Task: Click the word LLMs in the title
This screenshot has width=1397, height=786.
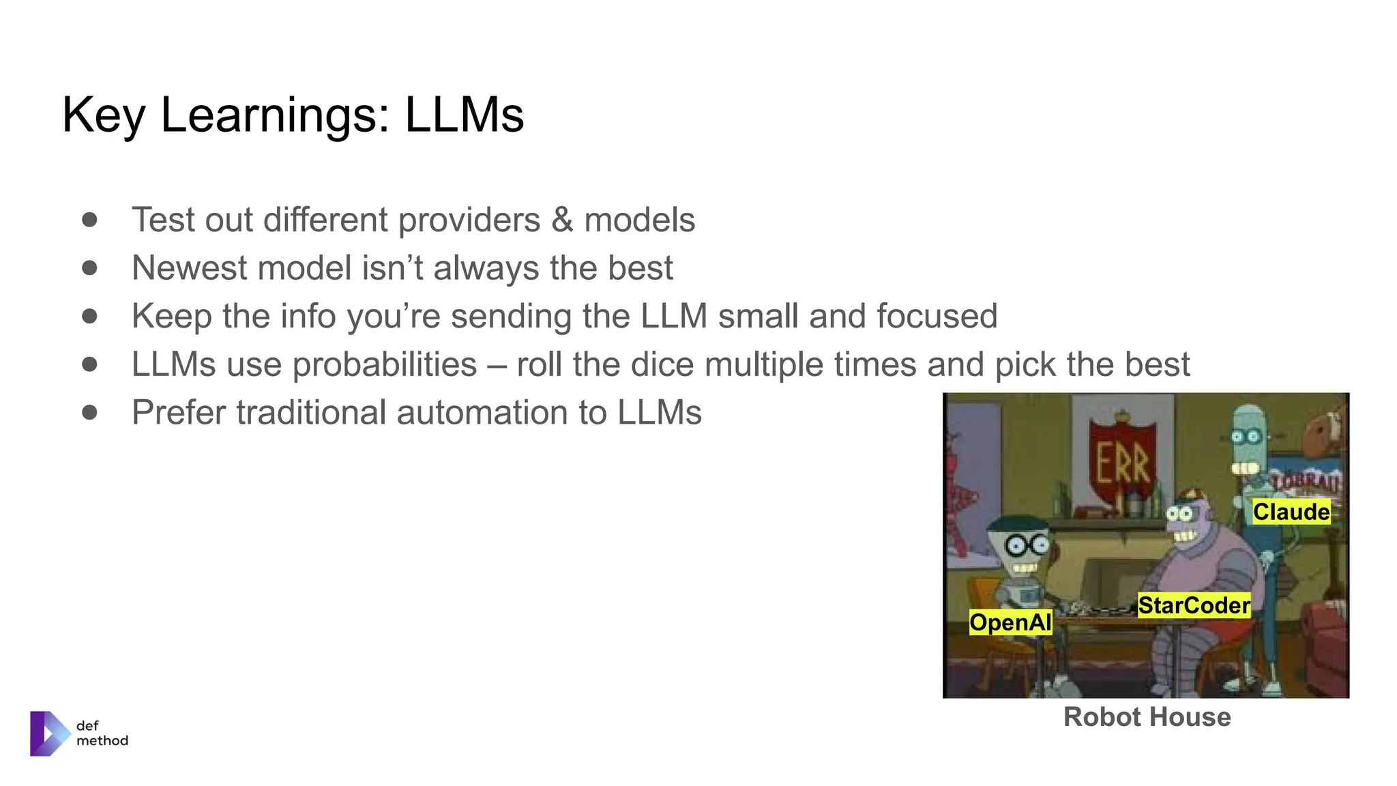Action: (464, 115)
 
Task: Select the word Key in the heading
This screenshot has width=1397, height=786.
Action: (103, 115)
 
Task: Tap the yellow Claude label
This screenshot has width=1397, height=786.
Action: (1291, 512)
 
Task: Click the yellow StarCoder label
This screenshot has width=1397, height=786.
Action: (1194, 605)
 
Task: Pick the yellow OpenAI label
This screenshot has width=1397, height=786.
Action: (1010, 622)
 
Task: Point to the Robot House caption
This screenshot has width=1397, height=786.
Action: (1147, 717)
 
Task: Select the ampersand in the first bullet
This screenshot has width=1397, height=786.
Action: (562, 220)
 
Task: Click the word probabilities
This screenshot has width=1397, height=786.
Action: (384, 364)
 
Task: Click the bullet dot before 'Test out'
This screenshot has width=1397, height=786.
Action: (89, 220)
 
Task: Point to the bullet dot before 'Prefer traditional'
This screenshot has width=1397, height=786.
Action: (89, 412)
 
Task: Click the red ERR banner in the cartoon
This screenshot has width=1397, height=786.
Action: (1123, 464)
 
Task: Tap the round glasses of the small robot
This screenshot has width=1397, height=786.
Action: (1029, 544)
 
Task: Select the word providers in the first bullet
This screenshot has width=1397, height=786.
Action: (469, 220)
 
